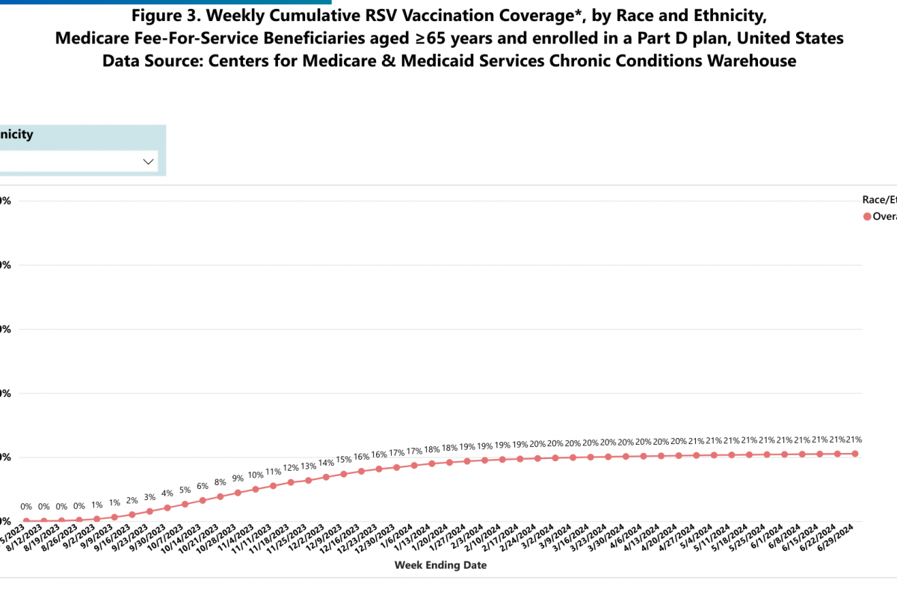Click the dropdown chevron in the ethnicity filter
[x=148, y=161]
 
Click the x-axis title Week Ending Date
[x=440, y=565]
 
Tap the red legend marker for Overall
[x=867, y=216]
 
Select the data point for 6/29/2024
[x=854, y=454]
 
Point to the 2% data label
[x=132, y=500]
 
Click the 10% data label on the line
[x=256, y=475]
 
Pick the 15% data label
[x=344, y=459]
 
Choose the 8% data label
[x=221, y=482]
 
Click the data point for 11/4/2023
[x=256, y=490]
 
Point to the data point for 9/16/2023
[x=132, y=514]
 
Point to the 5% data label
[x=185, y=490]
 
